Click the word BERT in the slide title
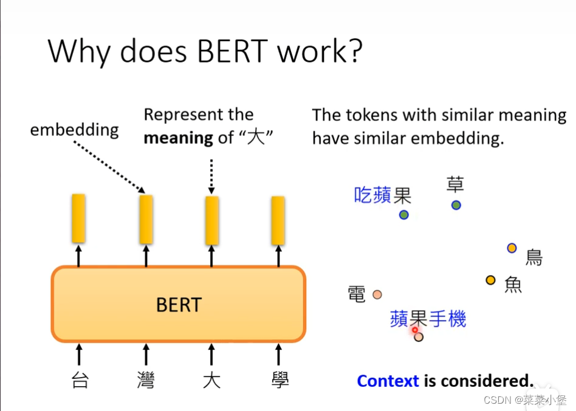click(x=233, y=52)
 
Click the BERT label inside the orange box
click(x=179, y=304)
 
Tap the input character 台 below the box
click(x=80, y=381)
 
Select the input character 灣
click(x=146, y=381)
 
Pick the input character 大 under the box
click(x=211, y=381)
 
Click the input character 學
click(x=279, y=381)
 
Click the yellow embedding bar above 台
click(x=78, y=218)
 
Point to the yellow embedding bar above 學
click(x=278, y=220)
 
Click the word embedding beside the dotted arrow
click(x=74, y=130)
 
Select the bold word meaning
click(x=178, y=138)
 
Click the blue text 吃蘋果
click(x=382, y=195)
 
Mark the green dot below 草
click(x=456, y=205)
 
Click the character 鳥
click(x=533, y=257)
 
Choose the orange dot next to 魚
click(x=491, y=280)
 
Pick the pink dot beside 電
click(x=377, y=294)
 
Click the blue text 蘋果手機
click(x=428, y=319)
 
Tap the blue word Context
click(x=388, y=381)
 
